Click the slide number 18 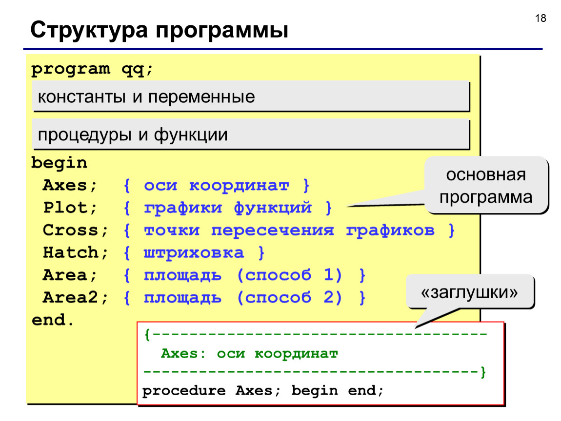(x=541, y=18)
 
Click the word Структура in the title (x=89, y=30)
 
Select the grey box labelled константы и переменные (x=250, y=96)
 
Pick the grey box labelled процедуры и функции (x=250, y=134)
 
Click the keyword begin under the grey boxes (x=59, y=163)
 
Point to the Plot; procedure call (x=70, y=208)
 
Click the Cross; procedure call (x=75, y=230)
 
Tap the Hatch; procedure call (x=75, y=253)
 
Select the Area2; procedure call (x=75, y=297)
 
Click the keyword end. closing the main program (x=53, y=320)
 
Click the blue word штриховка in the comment (x=194, y=253)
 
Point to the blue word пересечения (x=273, y=230)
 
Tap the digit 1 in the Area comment (x=328, y=275)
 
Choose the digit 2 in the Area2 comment (x=328, y=297)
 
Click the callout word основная (x=486, y=175)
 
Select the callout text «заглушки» (x=469, y=292)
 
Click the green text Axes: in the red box (x=183, y=354)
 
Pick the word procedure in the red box (x=184, y=391)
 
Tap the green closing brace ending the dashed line (x=483, y=372)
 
